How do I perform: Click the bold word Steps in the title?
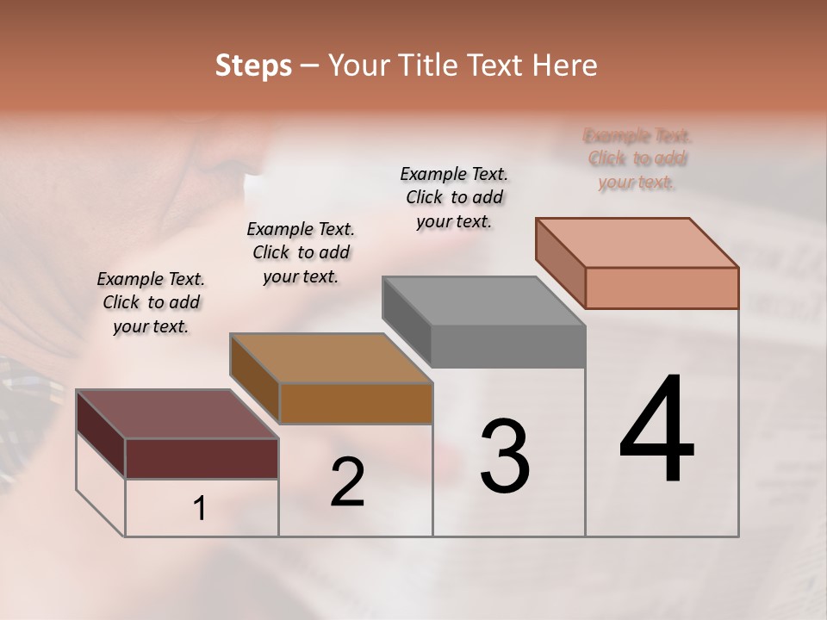pos(253,65)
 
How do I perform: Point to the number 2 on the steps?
pos(347,482)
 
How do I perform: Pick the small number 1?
pos(200,509)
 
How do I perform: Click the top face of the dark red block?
pos(177,414)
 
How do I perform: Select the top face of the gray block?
pos(484,301)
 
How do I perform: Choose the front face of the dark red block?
pos(202,458)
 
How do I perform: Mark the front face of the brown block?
pos(356,403)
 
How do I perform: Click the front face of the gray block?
pos(508,347)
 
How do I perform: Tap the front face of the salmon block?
pos(662,288)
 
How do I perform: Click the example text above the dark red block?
pos(151,302)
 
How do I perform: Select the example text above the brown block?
pos(301,252)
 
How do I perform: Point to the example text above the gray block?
pos(454,197)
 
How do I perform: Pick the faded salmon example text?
pos(637,158)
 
